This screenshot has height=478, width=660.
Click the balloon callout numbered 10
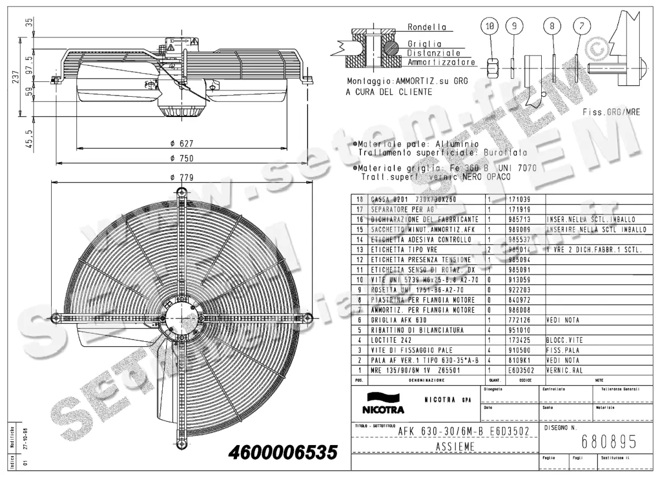coord(491,25)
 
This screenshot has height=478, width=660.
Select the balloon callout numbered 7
coord(582,25)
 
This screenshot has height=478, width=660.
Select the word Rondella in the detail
coord(426,27)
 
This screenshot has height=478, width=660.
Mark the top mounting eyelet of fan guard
coord(182,192)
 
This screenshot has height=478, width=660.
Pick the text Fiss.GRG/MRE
coord(612,112)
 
